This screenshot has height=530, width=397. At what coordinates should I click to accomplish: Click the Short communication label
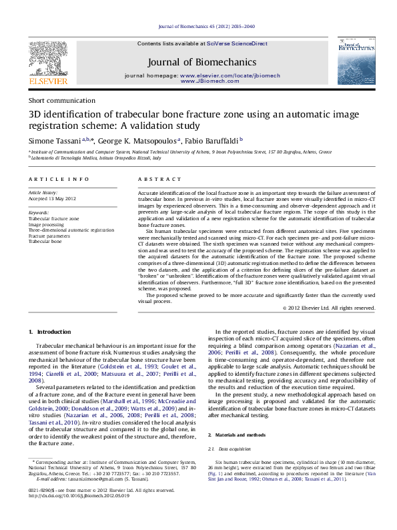57,100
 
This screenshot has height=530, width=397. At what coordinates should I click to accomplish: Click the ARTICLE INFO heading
59,180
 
